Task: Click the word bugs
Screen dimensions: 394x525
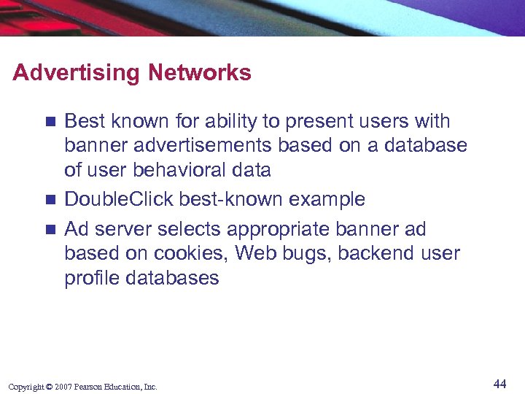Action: click(307, 254)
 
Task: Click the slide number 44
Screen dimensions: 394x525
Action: click(499, 384)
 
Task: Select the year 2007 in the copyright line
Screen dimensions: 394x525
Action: click(62, 387)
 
